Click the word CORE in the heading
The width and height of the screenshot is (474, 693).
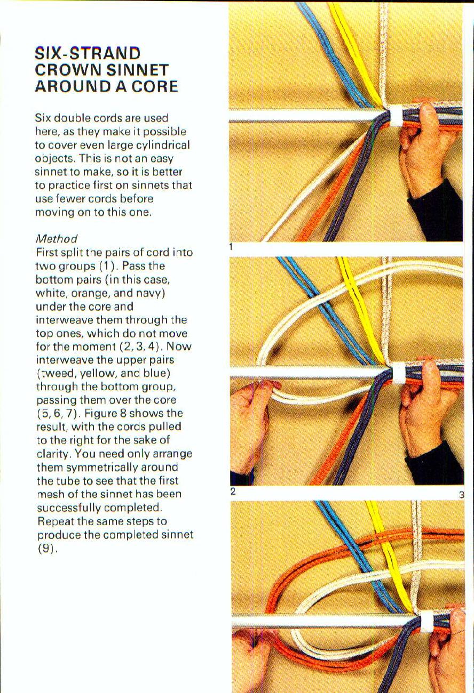(x=155, y=86)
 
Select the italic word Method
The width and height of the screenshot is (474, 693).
(x=56, y=238)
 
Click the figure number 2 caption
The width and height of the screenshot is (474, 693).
(x=233, y=491)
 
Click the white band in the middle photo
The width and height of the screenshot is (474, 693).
(x=398, y=374)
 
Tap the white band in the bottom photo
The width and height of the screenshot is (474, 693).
(x=427, y=621)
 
